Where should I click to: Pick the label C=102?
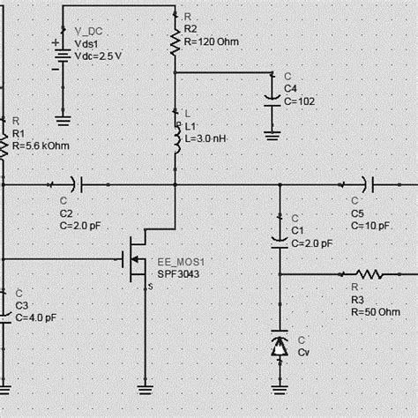pyautogui.click(x=302, y=100)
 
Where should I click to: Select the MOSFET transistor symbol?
pyautogui.click(x=138, y=258)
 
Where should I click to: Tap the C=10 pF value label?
pyautogui.click(x=370, y=227)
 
